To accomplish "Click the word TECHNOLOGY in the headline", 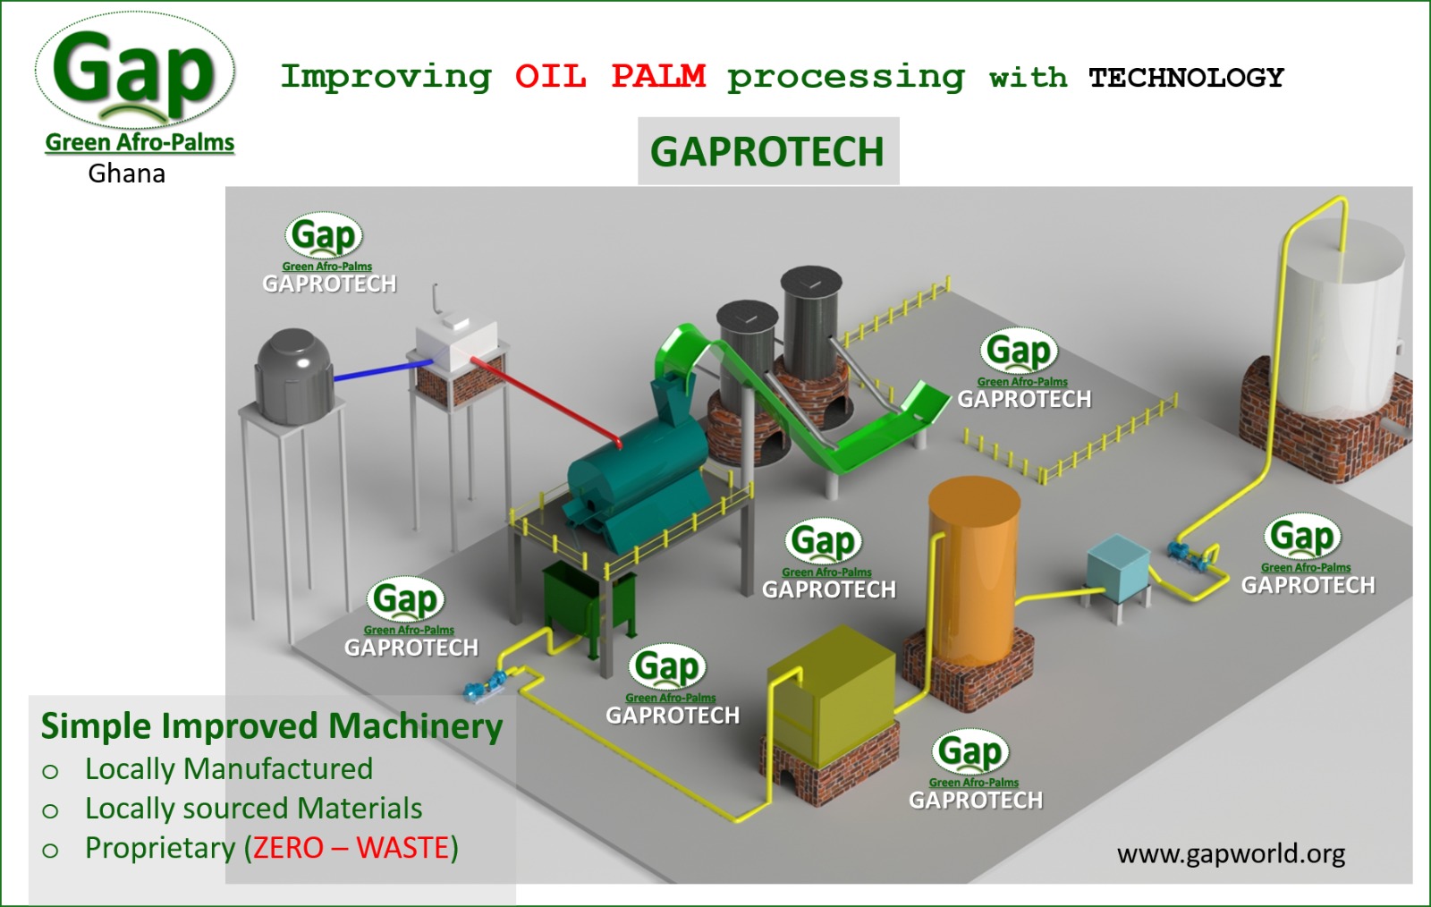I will tap(1186, 78).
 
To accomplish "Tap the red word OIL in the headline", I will tap(550, 77).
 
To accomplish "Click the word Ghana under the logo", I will tap(126, 174).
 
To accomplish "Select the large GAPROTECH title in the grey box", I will tap(767, 152).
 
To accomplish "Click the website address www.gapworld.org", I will tap(1231, 853).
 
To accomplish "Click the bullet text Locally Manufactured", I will tap(229, 768).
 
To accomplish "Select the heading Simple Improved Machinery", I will tap(272, 726).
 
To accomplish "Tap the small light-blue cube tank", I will tap(1118, 566).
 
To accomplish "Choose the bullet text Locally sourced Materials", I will tap(253, 808).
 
